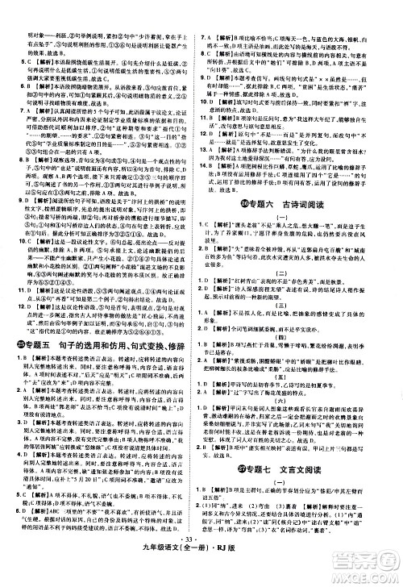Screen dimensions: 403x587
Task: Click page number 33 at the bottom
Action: point(201,563)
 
